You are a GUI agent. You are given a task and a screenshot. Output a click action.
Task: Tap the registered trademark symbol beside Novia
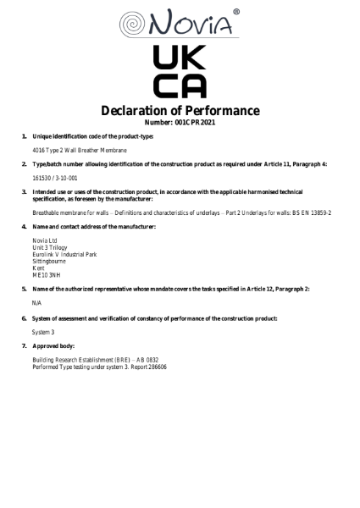click(235, 11)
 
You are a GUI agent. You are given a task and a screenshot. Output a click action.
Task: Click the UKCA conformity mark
click(180, 73)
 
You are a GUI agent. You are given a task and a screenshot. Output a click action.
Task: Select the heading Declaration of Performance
click(180, 111)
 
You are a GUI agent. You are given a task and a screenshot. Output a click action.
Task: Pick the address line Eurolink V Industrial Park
click(64, 254)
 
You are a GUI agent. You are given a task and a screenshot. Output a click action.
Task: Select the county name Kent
click(39, 268)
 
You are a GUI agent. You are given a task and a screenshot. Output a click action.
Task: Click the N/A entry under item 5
click(37, 302)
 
